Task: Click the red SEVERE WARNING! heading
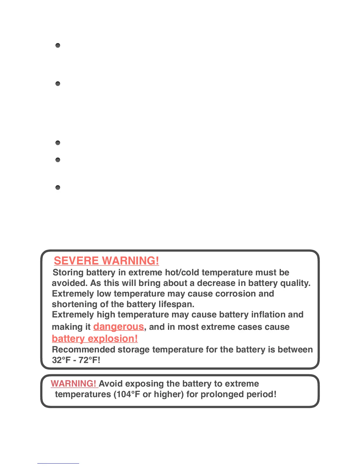106,261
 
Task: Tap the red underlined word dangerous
119,327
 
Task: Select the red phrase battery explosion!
95,339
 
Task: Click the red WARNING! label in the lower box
74,384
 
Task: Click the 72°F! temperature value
89,360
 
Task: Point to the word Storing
68,272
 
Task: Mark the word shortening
75,304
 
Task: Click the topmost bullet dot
58,45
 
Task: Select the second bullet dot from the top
58,84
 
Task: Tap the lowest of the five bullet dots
58,187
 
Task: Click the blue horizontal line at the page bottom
58,463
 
